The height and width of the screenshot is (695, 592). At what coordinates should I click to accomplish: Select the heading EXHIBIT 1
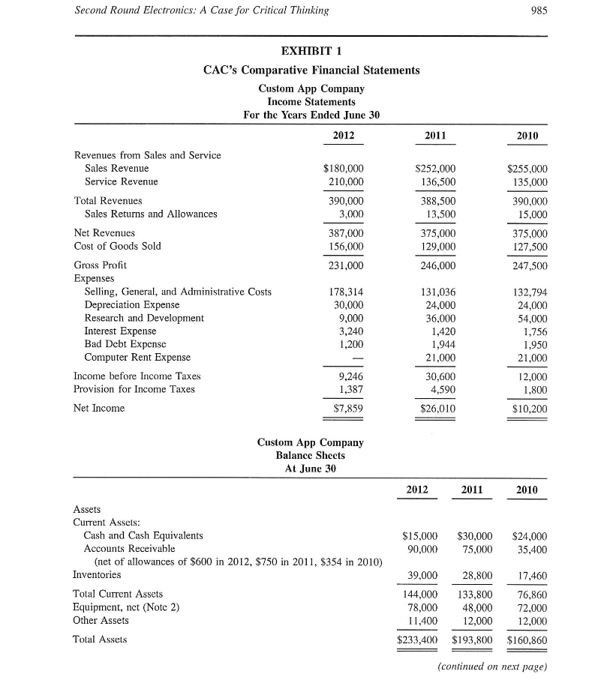click(311, 51)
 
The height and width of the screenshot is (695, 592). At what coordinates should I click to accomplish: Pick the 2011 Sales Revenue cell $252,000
click(435, 169)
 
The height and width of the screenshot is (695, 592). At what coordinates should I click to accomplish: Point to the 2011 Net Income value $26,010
click(435, 408)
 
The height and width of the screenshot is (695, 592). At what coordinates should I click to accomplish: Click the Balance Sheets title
click(310, 455)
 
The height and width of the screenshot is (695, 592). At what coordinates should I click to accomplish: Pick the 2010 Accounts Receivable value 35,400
click(530, 549)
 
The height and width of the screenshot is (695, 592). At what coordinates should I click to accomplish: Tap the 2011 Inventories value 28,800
click(474, 575)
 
